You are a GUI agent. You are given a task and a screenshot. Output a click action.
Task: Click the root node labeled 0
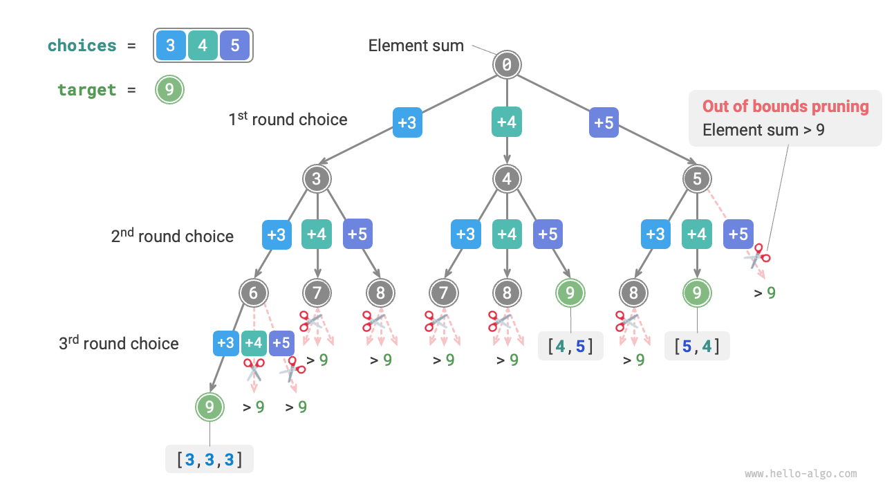(x=507, y=65)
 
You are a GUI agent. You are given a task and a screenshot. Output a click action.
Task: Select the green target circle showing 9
(x=169, y=90)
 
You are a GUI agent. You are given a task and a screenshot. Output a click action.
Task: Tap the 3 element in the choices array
(x=171, y=46)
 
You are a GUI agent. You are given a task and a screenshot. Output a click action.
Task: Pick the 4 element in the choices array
(x=203, y=46)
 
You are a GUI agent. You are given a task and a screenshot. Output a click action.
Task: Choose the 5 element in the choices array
(x=235, y=46)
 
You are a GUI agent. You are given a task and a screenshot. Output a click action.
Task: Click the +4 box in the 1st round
(x=507, y=122)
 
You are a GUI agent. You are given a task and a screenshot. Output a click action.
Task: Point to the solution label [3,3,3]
(x=209, y=459)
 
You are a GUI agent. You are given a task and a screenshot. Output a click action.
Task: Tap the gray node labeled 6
(x=254, y=293)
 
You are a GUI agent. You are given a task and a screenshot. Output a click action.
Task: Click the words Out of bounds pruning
(x=785, y=107)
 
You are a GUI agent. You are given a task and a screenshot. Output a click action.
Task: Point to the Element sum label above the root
(x=416, y=46)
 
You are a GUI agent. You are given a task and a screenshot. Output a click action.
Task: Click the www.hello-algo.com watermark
(x=801, y=474)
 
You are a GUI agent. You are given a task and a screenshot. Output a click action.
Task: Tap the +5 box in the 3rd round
(x=281, y=343)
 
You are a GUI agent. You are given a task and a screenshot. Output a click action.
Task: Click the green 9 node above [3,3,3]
(x=209, y=407)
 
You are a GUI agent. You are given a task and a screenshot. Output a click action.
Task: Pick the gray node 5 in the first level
(x=697, y=179)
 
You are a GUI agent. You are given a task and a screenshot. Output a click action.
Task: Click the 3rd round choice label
(x=118, y=343)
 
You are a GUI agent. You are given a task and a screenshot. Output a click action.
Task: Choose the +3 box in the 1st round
(x=407, y=122)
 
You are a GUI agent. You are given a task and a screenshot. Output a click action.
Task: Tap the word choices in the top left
(x=82, y=46)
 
